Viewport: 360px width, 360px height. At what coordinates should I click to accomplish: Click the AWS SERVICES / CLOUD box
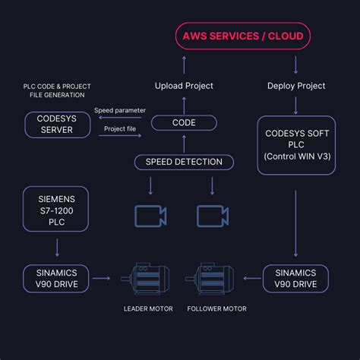click(242, 36)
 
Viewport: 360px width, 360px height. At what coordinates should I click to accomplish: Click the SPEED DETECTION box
click(183, 161)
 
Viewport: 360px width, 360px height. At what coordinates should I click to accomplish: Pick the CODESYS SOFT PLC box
click(295, 145)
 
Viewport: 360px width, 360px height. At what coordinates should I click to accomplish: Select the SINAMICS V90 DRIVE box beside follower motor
click(295, 279)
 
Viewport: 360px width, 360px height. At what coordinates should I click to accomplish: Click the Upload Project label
click(183, 85)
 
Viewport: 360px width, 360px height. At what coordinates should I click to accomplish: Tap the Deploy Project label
click(295, 85)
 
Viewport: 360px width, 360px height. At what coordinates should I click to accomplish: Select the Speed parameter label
click(119, 111)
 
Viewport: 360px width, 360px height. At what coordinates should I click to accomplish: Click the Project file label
click(119, 129)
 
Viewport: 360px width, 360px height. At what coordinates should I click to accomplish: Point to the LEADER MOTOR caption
click(149, 308)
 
